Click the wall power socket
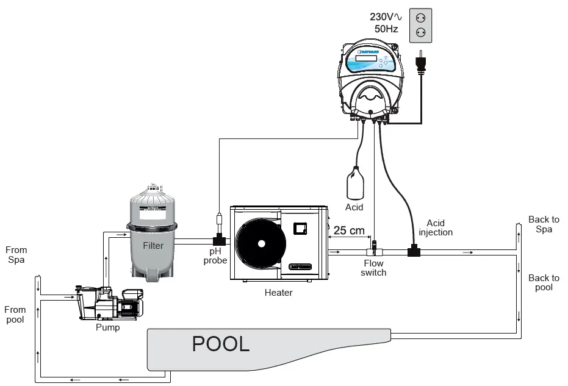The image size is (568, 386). (420, 26)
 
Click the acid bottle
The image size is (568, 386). (355, 184)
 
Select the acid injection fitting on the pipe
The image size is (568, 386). (414, 250)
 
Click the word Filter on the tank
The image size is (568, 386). (153, 246)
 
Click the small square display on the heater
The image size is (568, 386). (300, 229)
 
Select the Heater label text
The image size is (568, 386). (278, 293)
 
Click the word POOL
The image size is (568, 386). (221, 344)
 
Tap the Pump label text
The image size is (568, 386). (107, 327)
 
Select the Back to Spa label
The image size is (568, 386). (544, 224)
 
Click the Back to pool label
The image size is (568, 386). (544, 282)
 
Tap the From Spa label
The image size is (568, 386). (16, 254)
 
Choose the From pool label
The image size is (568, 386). (15, 315)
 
